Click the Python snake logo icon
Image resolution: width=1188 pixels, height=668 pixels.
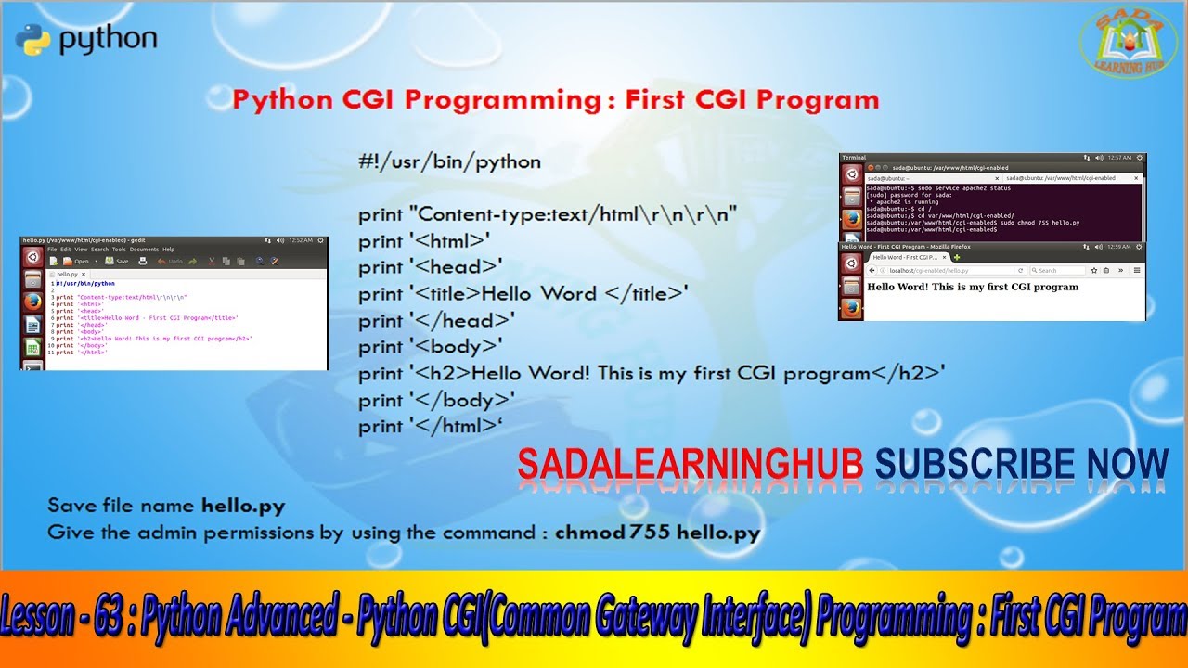click(32, 41)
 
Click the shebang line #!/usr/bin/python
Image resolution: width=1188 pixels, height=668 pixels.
click(449, 162)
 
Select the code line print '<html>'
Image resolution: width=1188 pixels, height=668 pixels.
click(424, 241)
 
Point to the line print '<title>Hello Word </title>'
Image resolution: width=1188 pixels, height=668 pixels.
click(523, 294)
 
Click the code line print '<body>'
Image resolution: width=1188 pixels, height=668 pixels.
click(430, 347)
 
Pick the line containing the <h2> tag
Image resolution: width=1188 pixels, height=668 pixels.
click(652, 374)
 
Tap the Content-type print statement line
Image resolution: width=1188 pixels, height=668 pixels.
click(548, 215)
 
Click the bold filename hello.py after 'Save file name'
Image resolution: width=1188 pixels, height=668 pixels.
click(243, 507)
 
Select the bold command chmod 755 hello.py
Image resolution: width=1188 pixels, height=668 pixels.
click(657, 533)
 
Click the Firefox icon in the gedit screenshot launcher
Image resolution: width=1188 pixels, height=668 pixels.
click(32, 302)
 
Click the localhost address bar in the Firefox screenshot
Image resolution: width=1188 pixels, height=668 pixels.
click(937, 270)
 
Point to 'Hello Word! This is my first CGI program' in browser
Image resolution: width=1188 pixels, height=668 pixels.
click(972, 287)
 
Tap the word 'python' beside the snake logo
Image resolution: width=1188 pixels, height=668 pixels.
click(108, 40)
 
